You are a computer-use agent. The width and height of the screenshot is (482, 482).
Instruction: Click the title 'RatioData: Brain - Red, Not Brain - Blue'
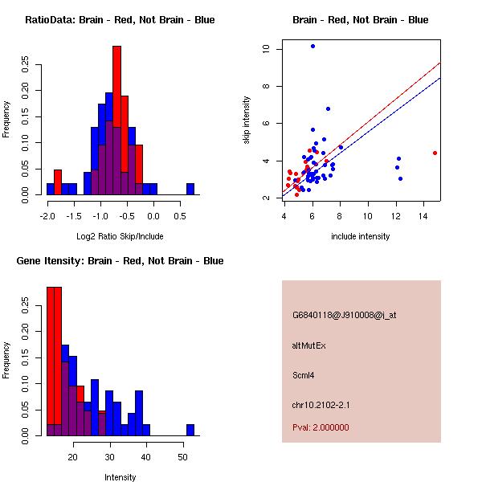[120, 20]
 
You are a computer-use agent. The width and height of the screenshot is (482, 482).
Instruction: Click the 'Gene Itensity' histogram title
[120, 261]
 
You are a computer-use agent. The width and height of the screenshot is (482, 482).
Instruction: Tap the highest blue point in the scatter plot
[312, 46]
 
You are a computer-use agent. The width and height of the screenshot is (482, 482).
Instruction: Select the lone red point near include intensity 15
[435, 153]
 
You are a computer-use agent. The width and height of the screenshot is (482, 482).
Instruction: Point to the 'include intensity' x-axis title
[361, 236]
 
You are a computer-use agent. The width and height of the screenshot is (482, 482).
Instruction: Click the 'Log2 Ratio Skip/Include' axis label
[120, 236]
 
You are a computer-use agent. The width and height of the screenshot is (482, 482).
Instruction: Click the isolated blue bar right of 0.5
[190, 189]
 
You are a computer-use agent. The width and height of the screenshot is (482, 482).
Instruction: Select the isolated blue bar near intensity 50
[190, 430]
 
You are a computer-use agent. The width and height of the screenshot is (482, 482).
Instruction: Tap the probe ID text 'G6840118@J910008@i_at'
[344, 315]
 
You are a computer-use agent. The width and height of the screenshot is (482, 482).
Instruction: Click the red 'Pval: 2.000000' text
[321, 427]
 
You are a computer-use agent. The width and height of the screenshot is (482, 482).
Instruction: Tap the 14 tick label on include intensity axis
[423, 214]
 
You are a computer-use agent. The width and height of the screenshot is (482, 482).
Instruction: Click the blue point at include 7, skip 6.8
[328, 108]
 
